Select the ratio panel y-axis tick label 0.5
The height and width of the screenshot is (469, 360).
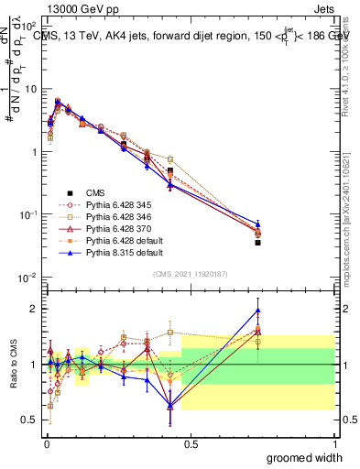point(30,420)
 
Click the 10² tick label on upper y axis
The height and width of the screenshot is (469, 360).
point(29,27)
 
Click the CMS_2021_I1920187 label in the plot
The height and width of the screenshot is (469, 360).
point(190,275)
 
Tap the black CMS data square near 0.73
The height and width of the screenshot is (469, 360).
point(257,243)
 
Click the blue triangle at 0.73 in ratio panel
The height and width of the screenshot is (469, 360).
point(257,310)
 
